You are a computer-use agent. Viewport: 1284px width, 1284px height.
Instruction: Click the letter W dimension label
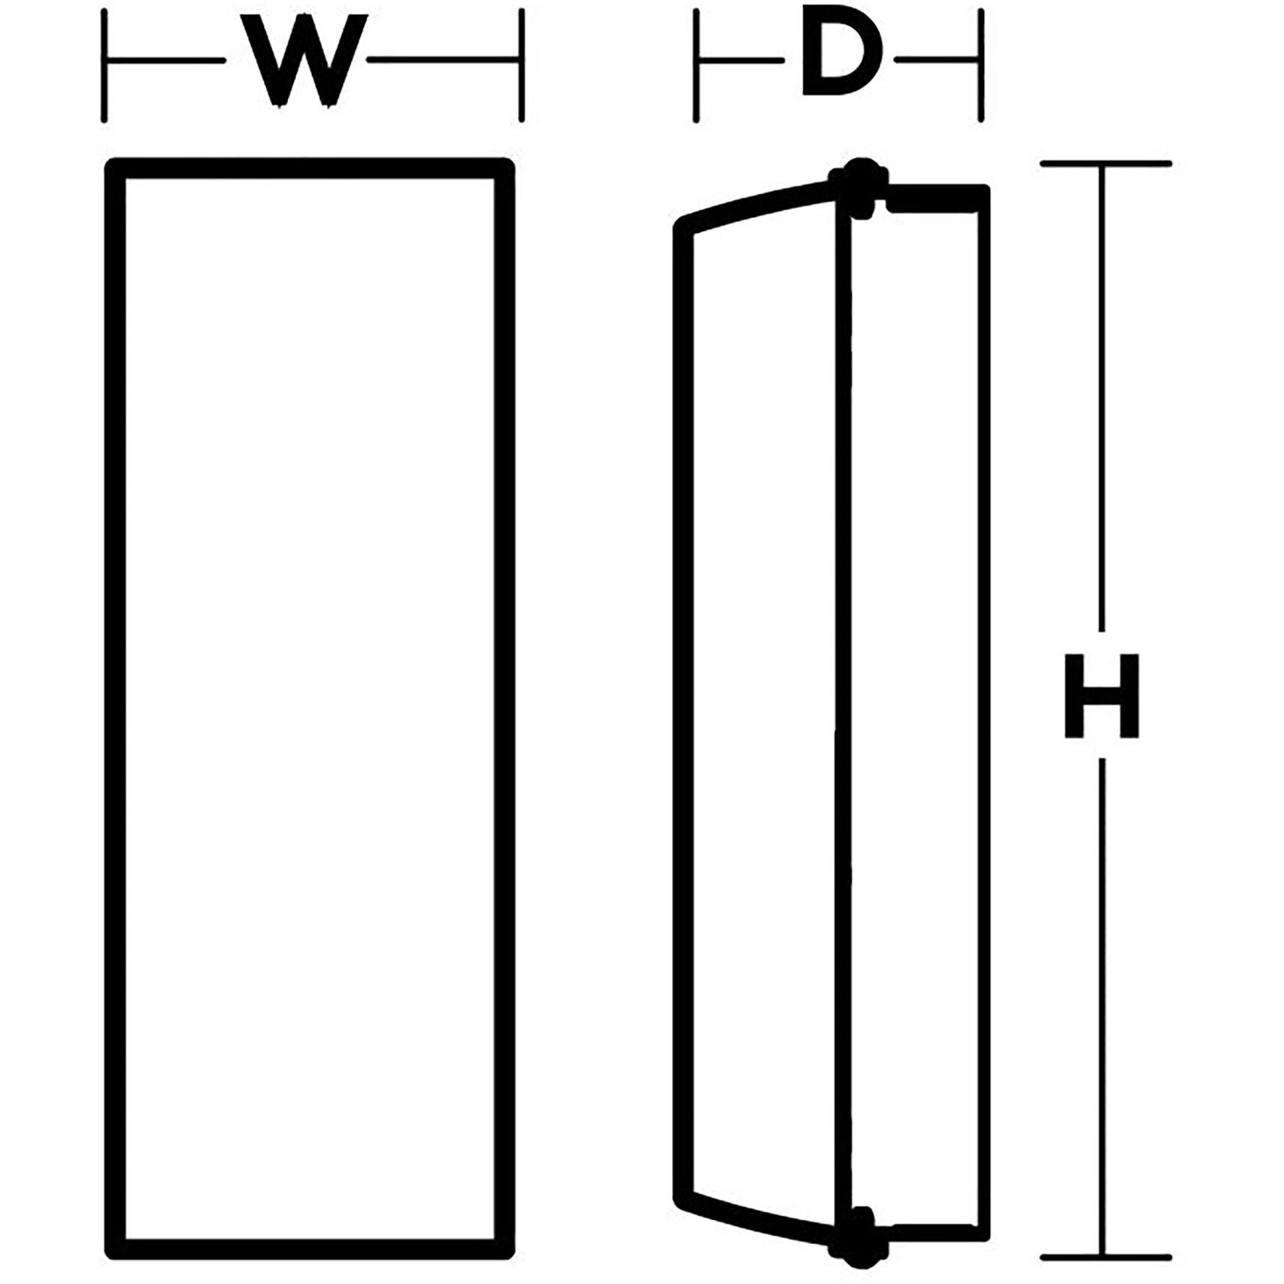click(x=304, y=60)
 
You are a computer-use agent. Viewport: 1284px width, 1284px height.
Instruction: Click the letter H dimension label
click(x=1102, y=695)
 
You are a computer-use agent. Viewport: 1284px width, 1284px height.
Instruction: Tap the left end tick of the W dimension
click(x=104, y=65)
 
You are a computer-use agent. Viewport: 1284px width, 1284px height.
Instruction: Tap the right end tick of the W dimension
click(x=521, y=65)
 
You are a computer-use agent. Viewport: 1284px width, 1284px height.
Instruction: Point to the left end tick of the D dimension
click(x=697, y=65)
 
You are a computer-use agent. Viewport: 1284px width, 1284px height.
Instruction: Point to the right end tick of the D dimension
click(x=980, y=65)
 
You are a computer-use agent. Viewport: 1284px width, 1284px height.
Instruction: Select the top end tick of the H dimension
click(x=1105, y=163)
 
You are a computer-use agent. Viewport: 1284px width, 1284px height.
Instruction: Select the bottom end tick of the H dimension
click(x=1105, y=1258)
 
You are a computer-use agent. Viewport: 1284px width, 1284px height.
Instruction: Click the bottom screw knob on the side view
click(x=857, y=1233)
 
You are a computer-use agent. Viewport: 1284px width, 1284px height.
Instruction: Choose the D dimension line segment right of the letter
click(x=937, y=59)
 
